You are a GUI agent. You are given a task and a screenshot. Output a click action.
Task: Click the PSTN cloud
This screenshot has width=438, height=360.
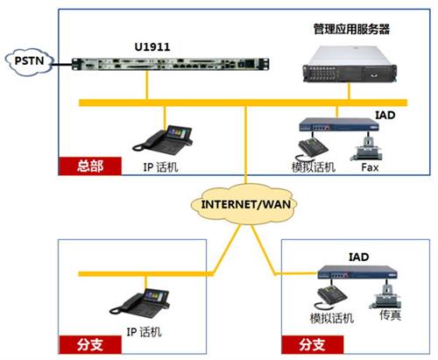[x=30, y=61]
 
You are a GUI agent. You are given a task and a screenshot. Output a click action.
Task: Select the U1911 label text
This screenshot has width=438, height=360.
[x=152, y=47]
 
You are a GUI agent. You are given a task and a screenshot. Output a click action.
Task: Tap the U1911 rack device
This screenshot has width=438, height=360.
[x=171, y=64]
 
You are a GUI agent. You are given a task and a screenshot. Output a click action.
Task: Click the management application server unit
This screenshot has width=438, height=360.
[x=350, y=64]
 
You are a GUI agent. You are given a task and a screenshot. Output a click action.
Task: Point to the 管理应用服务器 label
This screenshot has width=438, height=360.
[x=351, y=29]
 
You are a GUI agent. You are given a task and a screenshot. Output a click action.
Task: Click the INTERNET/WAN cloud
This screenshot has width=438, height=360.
[x=244, y=204]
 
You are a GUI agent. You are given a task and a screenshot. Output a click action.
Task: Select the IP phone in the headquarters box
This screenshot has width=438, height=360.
[x=162, y=139]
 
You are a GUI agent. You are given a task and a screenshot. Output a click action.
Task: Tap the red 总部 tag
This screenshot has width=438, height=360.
[x=90, y=166]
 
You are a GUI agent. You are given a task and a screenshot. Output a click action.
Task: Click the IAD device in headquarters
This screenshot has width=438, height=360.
[x=339, y=124]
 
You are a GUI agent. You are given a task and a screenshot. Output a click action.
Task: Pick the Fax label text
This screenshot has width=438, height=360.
[x=370, y=167]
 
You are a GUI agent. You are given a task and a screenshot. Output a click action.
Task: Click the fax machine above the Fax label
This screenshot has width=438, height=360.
[x=366, y=149]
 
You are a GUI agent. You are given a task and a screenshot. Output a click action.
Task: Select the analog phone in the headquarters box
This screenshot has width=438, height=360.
[x=313, y=149]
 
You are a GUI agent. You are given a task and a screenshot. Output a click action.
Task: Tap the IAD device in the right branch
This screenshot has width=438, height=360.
[x=357, y=272]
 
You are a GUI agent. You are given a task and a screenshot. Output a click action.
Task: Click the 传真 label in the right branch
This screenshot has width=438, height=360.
[x=390, y=315]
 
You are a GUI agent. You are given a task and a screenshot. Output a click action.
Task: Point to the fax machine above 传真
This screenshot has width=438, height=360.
[x=385, y=296]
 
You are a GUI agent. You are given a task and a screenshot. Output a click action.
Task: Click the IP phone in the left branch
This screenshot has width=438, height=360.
[x=139, y=303]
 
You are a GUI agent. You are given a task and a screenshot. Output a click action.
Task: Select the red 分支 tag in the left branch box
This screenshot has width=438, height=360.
[x=90, y=344]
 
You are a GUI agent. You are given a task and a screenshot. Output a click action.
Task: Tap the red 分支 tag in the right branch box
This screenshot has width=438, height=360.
[x=313, y=344]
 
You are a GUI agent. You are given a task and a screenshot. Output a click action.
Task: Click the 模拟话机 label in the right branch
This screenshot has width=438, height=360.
[x=332, y=318]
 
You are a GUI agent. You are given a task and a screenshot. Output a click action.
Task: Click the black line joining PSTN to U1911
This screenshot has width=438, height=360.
[x=62, y=64]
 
